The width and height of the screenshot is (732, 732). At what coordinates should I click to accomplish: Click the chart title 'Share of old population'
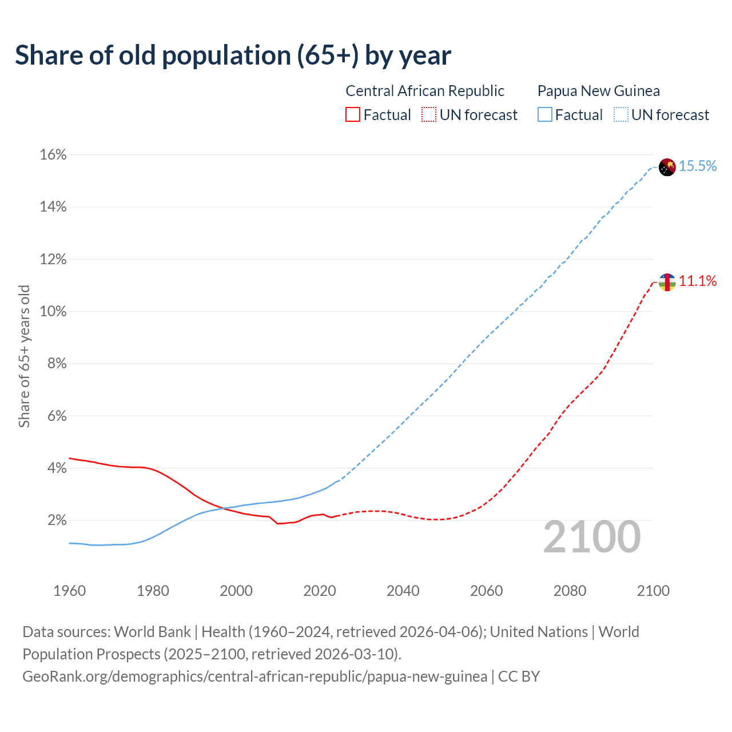coord(233,55)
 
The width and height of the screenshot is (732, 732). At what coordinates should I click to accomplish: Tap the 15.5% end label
coord(698,166)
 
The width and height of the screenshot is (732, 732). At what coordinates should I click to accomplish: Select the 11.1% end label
coord(698,281)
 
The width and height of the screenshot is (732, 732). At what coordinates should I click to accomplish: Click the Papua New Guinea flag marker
coord(667,167)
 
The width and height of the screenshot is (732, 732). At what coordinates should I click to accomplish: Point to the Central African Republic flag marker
coord(667,281)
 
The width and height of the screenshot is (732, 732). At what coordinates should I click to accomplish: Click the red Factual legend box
coord(353,115)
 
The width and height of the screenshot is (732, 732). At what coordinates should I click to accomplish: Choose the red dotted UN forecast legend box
coord(429,115)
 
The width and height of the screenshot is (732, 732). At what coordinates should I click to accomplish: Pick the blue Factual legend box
coord(545,115)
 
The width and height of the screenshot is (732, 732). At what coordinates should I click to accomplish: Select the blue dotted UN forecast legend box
coord(621,115)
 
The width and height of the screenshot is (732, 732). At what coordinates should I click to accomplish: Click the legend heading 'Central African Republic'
coord(425,91)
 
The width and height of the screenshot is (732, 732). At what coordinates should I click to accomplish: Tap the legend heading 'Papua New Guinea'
coord(598,91)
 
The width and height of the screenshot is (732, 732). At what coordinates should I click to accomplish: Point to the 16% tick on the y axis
coord(53,155)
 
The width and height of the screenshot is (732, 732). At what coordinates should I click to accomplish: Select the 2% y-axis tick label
coord(57,520)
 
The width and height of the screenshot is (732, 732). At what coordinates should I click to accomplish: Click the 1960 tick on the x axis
coord(69,591)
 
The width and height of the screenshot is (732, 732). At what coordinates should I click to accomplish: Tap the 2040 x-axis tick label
coord(403,591)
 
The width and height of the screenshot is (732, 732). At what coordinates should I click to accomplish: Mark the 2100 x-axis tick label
coord(653,591)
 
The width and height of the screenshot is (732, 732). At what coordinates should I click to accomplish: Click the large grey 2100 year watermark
coord(592,537)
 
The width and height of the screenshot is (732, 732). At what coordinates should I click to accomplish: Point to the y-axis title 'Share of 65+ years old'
coord(24,356)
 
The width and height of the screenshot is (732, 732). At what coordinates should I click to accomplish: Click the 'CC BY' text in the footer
coord(519,677)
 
